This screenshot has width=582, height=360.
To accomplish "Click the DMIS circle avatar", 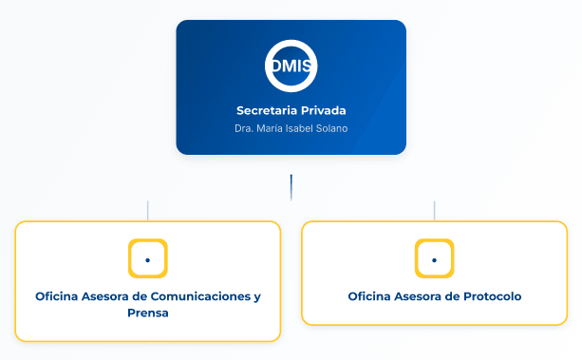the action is pyautogui.click(x=291, y=66).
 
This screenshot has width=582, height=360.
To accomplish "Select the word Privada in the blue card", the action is pyautogui.click(x=324, y=110).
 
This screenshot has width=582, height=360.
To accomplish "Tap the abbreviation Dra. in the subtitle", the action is pyautogui.click(x=244, y=128).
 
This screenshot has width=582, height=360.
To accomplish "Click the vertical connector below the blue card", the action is pyautogui.click(x=291, y=187).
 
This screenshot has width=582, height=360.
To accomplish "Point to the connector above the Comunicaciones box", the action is pyautogui.click(x=148, y=211).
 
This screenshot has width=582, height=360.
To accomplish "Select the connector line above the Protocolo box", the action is pyautogui.click(x=434, y=211).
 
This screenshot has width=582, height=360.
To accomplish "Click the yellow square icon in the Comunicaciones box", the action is pyautogui.click(x=148, y=258).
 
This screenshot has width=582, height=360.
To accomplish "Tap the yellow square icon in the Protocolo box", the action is pyautogui.click(x=434, y=258).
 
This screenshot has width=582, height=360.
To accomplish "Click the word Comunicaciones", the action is pyautogui.click(x=201, y=296).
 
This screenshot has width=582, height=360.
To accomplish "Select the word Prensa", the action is pyautogui.click(x=148, y=313).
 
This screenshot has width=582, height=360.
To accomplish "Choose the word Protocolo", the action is pyautogui.click(x=493, y=296).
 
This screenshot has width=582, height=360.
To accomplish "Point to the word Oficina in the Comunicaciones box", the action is pyautogui.click(x=57, y=296).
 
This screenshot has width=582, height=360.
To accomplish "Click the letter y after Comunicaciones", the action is pyautogui.click(x=257, y=297).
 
